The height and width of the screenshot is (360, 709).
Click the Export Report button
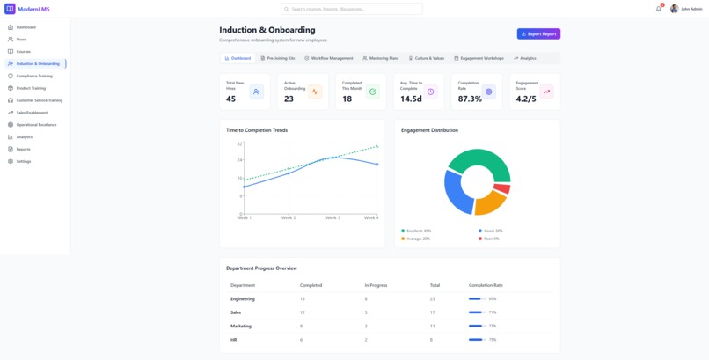(x=538, y=34)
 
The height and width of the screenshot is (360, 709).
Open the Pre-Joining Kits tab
(x=278, y=58)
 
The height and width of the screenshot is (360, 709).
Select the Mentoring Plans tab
(x=381, y=58)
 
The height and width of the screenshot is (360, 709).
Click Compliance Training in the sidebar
(x=34, y=76)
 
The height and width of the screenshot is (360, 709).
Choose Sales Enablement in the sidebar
(x=32, y=113)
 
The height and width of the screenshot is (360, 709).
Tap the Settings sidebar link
(x=23, y=161)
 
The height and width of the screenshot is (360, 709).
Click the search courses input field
(x=352, y=9)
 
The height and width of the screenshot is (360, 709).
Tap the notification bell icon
(x=658, y=9)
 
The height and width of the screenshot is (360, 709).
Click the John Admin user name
(x=691, y=9)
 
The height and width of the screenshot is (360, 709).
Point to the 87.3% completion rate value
(x=470, y=99)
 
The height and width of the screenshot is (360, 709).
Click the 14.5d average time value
(x=411, y=99)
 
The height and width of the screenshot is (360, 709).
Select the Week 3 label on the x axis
(x=333, y=217)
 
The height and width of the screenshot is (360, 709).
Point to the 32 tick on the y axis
(x=239, y=143)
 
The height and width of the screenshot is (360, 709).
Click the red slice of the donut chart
(x=501, y=188)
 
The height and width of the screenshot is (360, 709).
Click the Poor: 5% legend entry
(x=490, y=239)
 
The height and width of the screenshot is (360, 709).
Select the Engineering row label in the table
(x=243, y=298)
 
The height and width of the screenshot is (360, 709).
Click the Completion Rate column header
(x=486, y=285)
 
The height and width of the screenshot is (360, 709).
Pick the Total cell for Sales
(x=432, y=312)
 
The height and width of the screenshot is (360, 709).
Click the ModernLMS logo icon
(x=10, y=9)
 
